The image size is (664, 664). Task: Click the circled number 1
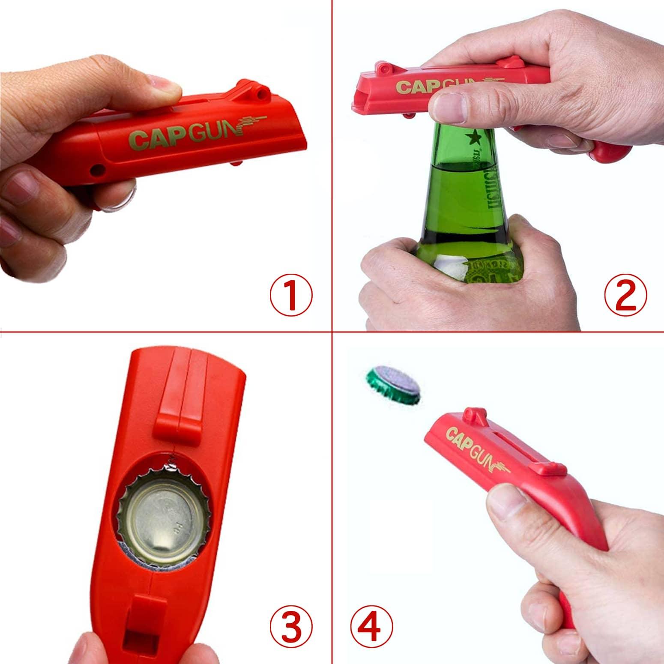point(291,295)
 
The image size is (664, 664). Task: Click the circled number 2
point(625,295)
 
